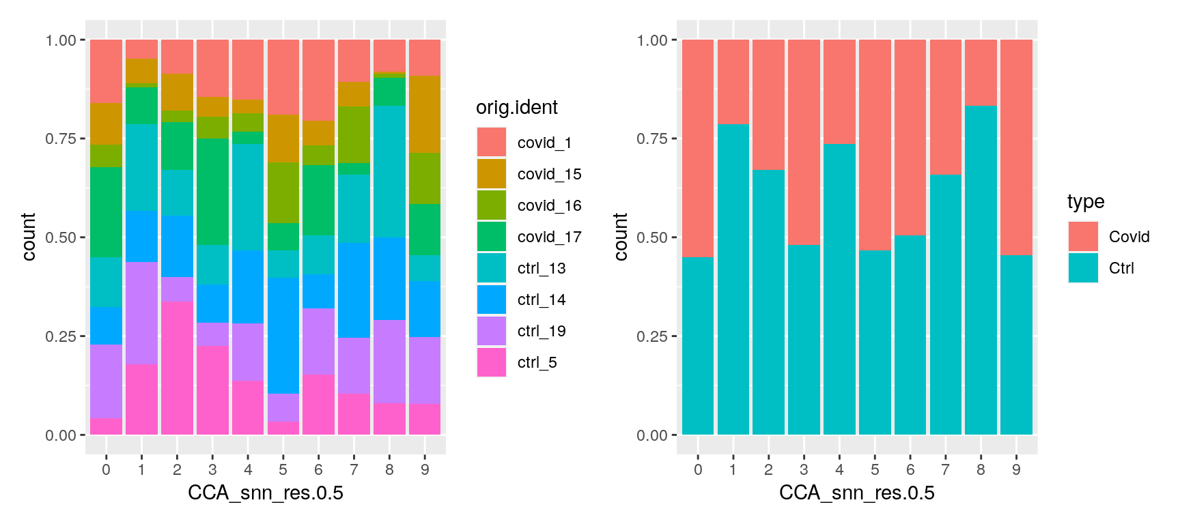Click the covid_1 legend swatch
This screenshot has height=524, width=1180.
click(x=492, y=142)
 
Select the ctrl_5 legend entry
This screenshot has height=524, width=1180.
click(x=537, y=362)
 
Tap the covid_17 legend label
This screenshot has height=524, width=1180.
click(x=549, y=237)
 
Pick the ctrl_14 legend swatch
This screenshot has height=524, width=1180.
click(x=492, y=300)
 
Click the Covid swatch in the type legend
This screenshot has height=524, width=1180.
click(x=1083, y=236)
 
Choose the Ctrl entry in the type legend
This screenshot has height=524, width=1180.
click(x=1121, y=268)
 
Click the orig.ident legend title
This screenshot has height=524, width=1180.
click(x=517, y=108)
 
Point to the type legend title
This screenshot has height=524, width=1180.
click(x=1086, y=201)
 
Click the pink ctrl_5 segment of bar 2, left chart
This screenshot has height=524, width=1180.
click(x=177, y=367)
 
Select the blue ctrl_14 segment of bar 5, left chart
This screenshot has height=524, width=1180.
click(x=283, y=335)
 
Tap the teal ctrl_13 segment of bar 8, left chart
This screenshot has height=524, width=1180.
click(x=389, y=171)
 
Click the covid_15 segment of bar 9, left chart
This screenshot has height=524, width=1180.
click(x=425, y=114)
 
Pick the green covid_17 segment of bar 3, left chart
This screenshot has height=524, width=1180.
click(x=212, y=192)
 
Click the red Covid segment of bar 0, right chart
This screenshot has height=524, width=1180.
click(x=698, y=148)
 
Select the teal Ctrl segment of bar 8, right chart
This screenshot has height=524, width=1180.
click(x=981, y=270)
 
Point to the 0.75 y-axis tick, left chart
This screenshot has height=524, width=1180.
click(x=61, y=139)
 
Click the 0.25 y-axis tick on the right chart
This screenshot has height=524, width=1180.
click(x=652, y=336)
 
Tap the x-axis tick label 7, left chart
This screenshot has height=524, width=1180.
click(x=354, y=469)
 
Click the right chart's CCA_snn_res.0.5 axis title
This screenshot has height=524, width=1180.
click(x=856, y=493)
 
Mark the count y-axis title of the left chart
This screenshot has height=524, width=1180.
click(x=29, y=237)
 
